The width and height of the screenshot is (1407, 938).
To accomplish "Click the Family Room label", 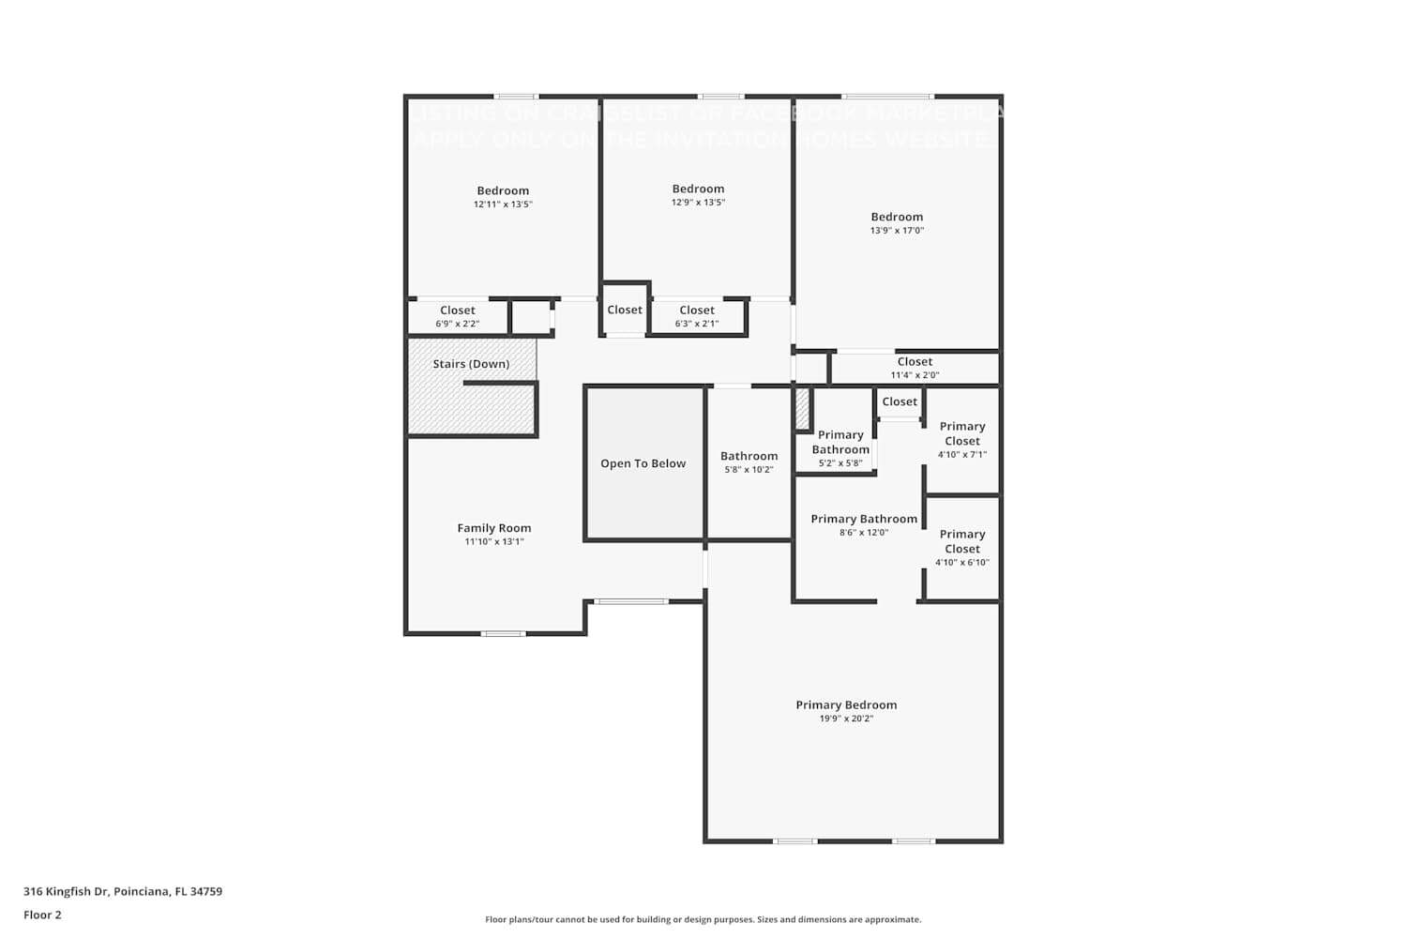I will (x=494, y=528).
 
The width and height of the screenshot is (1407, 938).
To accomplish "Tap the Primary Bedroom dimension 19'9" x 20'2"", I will (x=846, y=719).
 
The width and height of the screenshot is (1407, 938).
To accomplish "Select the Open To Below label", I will (x=643, y=463).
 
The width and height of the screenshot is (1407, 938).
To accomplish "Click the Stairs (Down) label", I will (x=471, y=364).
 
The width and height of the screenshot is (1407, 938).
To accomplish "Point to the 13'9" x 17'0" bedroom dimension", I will (x=897, y=230).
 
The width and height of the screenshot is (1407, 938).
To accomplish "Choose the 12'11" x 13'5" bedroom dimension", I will (x=503, y=204).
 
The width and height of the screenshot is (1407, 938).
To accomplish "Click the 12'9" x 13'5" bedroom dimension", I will (x=698, y=202).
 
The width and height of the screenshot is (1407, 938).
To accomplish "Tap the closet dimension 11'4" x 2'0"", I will (x=915, y=375).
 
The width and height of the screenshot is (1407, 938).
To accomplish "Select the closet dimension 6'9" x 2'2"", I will (x=457, y=324).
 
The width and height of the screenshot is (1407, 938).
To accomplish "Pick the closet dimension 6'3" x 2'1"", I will (x=697, y=324).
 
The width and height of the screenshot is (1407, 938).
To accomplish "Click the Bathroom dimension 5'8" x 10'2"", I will (x=749, y=469).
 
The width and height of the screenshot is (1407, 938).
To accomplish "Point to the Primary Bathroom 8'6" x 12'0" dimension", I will (x=864, y=532).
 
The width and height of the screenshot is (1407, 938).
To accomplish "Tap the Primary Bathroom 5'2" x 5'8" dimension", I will (x=840, y=462).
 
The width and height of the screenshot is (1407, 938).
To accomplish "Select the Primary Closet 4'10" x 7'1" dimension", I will (x=962, y=454).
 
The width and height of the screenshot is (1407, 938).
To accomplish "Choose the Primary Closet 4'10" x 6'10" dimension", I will (x=962, y=562).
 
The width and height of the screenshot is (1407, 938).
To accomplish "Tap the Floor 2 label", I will (x=42, y=915).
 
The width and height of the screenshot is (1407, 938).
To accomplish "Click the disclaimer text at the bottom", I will (x=703, y=919).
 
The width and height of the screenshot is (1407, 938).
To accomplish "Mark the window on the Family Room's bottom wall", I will (x=504, y=634).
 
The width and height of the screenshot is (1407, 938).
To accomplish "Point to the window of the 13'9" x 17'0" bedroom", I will (x=887, y=96).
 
